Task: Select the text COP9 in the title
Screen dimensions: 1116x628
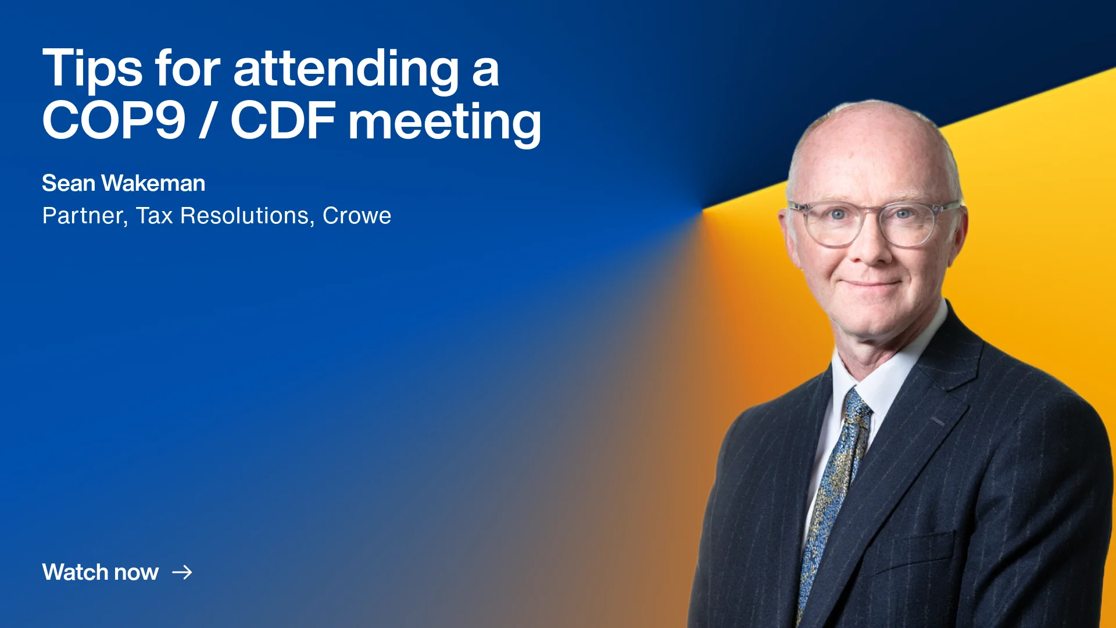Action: pyautogui.click(x=114, y=120)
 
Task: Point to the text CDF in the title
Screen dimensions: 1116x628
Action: pyautogui.click(x=283, y=120)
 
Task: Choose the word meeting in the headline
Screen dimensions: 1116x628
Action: pyautogui.click(x=445, y=123)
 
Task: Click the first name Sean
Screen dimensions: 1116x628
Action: pyautogui.click(x=69, y=183)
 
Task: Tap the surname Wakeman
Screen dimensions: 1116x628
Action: pyautogui.click(x=153, y=183)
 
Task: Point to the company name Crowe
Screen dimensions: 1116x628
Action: pyautogui.click(x=357, y=216)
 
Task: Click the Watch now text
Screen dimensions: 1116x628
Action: pyautogui.click(x=100, y=572)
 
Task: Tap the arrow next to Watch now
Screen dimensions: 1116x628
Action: pyautogui.click(x=182, y=572)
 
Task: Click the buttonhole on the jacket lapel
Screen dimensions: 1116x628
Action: pyautogui.click(x=937, y=420)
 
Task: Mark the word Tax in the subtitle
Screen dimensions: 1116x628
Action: pyautogui.click(x=155, y=216)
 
